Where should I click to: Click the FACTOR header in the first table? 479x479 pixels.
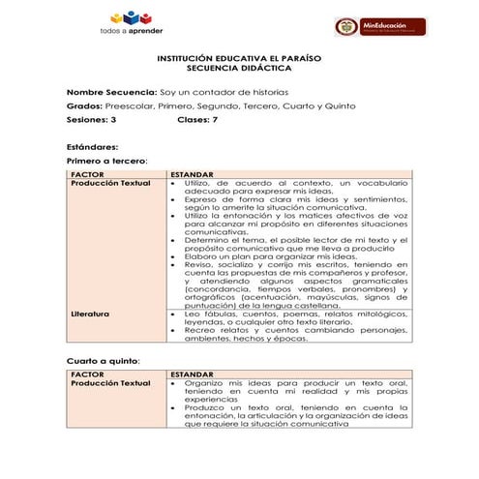point(87,173)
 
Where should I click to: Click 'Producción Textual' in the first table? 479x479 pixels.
point(111,182)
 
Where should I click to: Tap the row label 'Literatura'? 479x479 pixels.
point(90,314)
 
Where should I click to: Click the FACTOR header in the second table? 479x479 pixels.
point(87,374)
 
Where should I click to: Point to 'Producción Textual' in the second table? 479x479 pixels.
point(111,383)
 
